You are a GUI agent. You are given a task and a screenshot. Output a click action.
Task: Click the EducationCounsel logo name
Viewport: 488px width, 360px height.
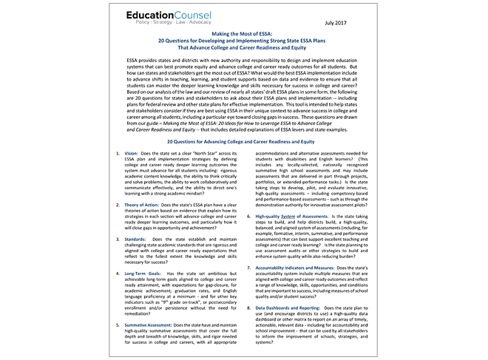point(180,15)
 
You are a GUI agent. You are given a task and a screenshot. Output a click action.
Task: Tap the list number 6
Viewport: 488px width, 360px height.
point(248,217)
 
